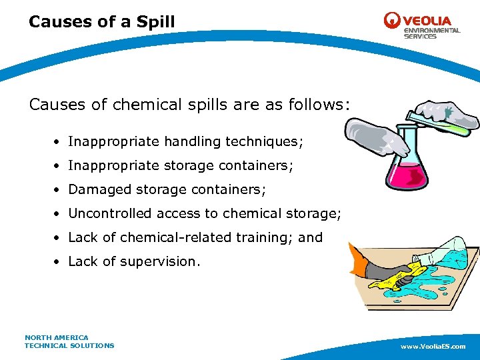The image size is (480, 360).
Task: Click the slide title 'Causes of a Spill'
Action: click(101, 22)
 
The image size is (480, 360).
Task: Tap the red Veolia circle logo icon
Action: click(393, 21)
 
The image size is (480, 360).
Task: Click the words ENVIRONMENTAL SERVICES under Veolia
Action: click(431, 33)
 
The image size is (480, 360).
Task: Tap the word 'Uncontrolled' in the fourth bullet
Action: click(109, 213)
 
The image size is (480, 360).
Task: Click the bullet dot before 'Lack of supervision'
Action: click(59, 261)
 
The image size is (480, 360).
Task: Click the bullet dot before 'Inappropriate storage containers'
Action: click(59, 165)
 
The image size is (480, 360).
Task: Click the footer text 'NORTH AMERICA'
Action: click(57, 337)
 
